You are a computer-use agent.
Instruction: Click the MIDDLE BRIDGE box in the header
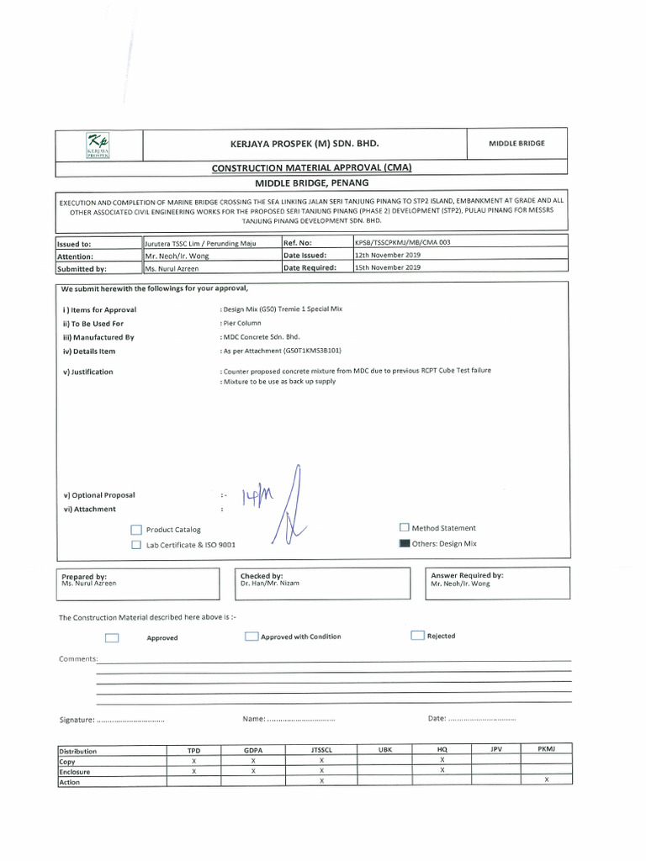coord(516,143)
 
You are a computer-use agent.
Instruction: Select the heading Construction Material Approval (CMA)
coord(311,168)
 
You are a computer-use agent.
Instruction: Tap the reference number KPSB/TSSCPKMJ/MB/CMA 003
coord(402,242)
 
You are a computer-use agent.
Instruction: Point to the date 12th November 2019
coord(388,255)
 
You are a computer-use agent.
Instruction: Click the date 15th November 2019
coord(388,267)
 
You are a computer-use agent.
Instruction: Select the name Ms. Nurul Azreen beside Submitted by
coord(172,269)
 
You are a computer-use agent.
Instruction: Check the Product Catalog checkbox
coord(136,531)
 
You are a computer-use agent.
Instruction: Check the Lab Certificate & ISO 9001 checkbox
coord(136,545)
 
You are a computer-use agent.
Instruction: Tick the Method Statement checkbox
coord(405,528)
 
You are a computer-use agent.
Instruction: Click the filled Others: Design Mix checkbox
coord(405,544)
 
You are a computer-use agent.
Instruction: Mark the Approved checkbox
coord(112,638)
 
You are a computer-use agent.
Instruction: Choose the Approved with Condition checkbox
coord(251,637)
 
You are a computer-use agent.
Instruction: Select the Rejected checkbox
coord(417,636)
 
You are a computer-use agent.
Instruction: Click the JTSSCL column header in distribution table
coord(321,750)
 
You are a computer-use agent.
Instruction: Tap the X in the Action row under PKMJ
coord(545,780)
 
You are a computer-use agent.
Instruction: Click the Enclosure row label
coord(75,771)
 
